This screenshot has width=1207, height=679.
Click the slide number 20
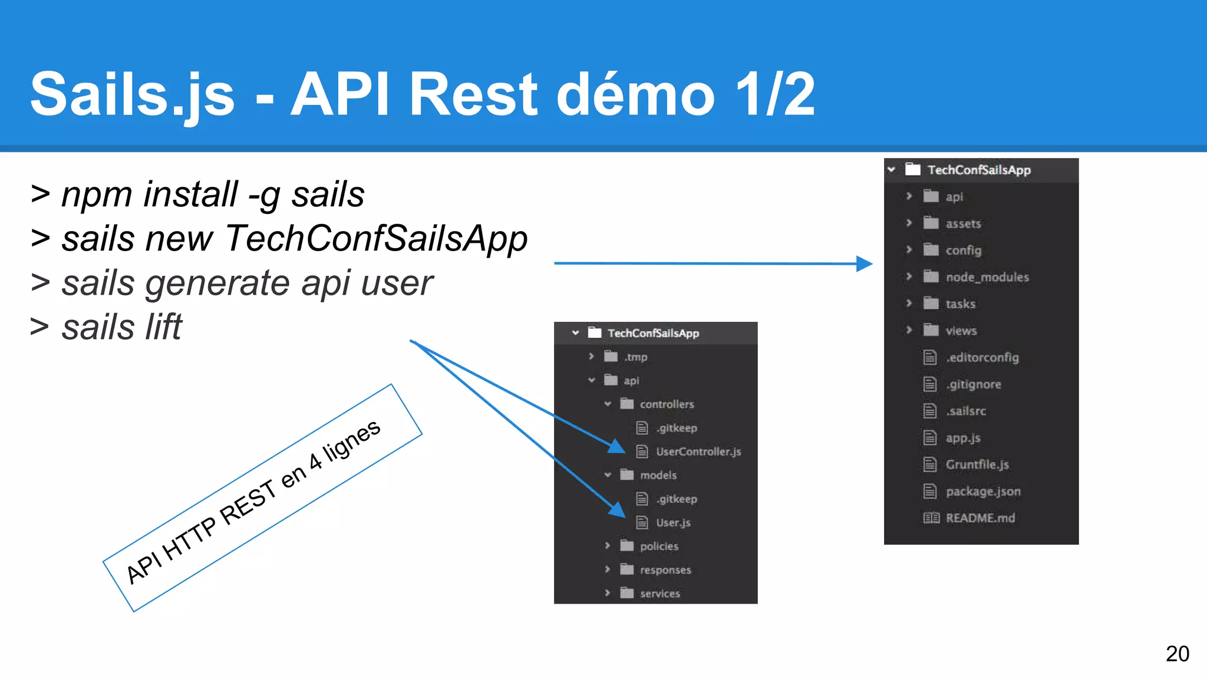tap(1177, 654)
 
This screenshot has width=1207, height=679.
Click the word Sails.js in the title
tap(133, 94)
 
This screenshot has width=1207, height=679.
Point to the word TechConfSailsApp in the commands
tap(376, 239)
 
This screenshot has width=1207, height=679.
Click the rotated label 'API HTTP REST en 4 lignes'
tap(253, 501)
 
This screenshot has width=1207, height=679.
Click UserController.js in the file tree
tap(698, 451)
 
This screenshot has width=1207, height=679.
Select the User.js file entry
tap(673, 523)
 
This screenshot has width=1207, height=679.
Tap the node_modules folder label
tap(987, 277)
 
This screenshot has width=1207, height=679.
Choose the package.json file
tap(982, 492)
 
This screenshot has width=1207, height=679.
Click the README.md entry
tap(980, 518)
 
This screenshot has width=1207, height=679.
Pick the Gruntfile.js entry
tap(977, 464)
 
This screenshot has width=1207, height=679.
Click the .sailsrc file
tap(965, 411)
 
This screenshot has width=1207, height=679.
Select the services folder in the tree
tap(659, 594)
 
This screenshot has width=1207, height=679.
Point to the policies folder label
tap(659, 546)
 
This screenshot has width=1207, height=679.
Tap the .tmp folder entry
tap(635, 357)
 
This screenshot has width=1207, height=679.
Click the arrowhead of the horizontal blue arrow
tap(864, 263)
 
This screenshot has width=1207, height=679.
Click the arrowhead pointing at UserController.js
tap(616, 447)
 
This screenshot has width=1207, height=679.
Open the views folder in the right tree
tap(961, 331)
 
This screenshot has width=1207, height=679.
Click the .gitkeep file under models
tap(677, 499)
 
